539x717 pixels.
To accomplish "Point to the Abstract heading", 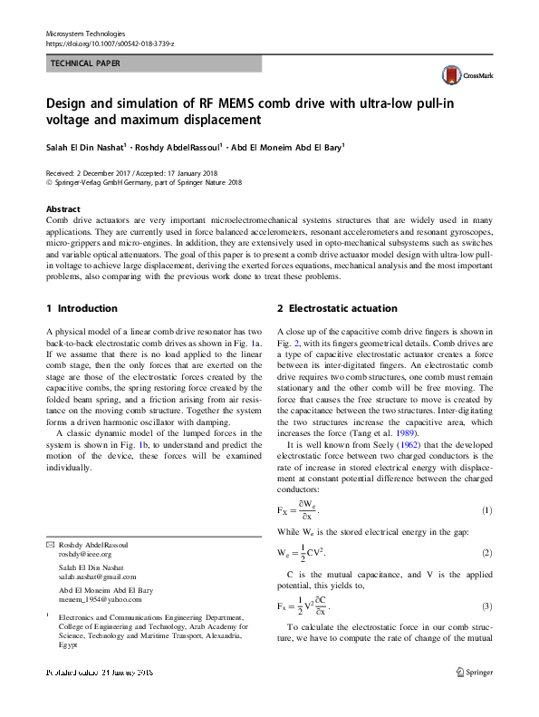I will coord(63,208).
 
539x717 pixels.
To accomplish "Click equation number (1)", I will coord(486,510).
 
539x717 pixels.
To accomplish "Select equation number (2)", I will coord(486,552).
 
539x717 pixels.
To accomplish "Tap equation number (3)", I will coord(486,606).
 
